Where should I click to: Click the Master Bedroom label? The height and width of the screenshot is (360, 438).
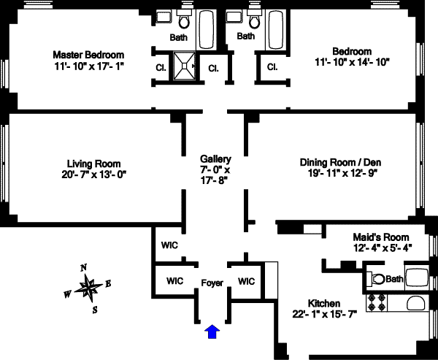pyautogui.click(x=88, y=55)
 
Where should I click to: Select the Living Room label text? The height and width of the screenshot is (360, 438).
pyautogui.click(x=93, y=164)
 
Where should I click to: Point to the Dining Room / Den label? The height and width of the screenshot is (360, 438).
pyautogui.click(x=341, y=162)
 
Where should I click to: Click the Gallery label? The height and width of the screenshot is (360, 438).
pyautogui.click(x=215, y=159)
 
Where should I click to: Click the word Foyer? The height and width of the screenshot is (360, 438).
pyautogui.click(x=212, y=281)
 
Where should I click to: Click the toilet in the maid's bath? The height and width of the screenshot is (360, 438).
pyautogui.click(x=377, y=278)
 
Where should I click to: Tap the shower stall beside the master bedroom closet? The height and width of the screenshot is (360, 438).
pyautogui.click(x=185, y=69)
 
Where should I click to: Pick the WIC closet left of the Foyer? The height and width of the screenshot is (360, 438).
pyautogui.click(x=174, y=280)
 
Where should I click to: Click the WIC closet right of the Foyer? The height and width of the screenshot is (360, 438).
pyautogui.click(x=247, y=280)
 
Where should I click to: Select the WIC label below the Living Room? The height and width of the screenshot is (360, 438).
pyautogui.click(x=169, y=245)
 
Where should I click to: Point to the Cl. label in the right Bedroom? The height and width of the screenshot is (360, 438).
pyautogui.click(x=272, y=68)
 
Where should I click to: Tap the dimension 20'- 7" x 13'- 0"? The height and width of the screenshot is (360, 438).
pyautogui.click(x=93, y=174)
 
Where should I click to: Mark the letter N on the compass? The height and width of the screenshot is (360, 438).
pyautogui.click(x=83, y=267)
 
